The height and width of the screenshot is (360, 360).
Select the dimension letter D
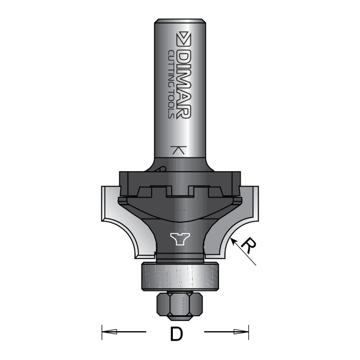click(176, 334)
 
